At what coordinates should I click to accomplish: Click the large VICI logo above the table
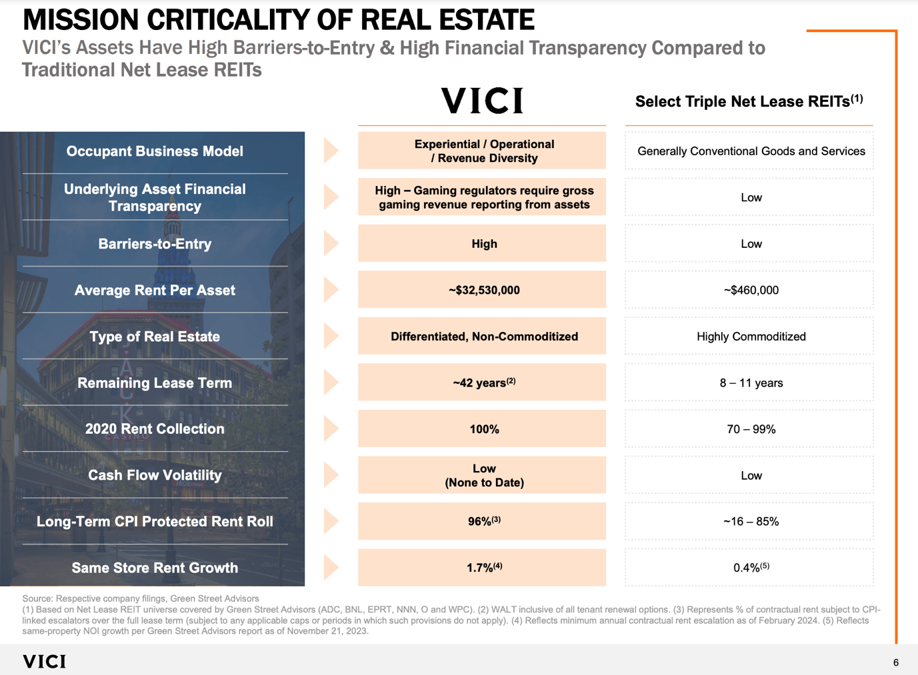coord(482,101)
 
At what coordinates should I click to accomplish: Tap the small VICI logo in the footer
coord(45,661)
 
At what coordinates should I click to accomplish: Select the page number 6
coord(895,662)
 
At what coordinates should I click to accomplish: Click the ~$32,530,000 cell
coord(484,290)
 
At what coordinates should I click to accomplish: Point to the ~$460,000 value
coord(751,290)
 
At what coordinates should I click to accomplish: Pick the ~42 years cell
coord(483,382)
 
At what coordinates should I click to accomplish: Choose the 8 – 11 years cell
coord(751,382)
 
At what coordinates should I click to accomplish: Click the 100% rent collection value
coord(484,429)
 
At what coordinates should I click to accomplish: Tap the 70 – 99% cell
coord(751,429)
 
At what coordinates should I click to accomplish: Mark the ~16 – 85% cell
coord(751,521)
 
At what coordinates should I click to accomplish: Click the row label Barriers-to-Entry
coord(155,244)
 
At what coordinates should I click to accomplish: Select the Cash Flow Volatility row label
coord(155,475)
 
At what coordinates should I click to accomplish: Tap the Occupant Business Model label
coord(155,151)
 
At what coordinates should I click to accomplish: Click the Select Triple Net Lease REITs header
coord(749,101)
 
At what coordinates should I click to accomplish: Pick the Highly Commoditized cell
coord(751,337)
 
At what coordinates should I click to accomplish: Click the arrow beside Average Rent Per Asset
coord(331,290)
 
